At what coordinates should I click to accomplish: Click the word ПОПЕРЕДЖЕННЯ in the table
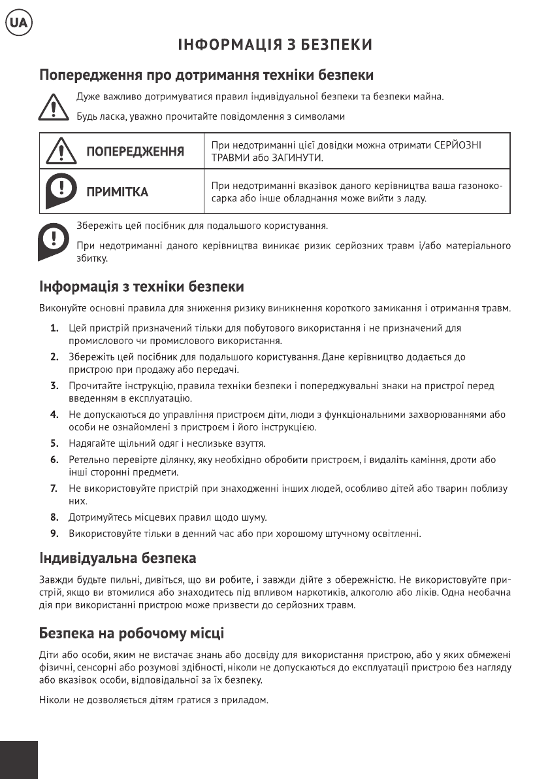[x=135, y=152]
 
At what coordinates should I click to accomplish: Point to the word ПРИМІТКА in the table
[x=118, y=192]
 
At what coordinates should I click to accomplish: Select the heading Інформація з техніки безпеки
[x=142, y=286]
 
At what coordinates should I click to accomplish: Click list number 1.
[x=55, y=327]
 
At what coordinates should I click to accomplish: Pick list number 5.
[x=55, y=443]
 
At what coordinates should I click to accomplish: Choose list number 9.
[x=55, y=534]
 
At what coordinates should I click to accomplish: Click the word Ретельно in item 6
[x=88, y=460]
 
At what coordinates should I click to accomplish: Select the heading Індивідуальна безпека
[x=118, y=559]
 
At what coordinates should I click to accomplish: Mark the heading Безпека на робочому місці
[x=131, y=634]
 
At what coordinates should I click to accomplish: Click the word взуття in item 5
[x=248, y=443]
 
